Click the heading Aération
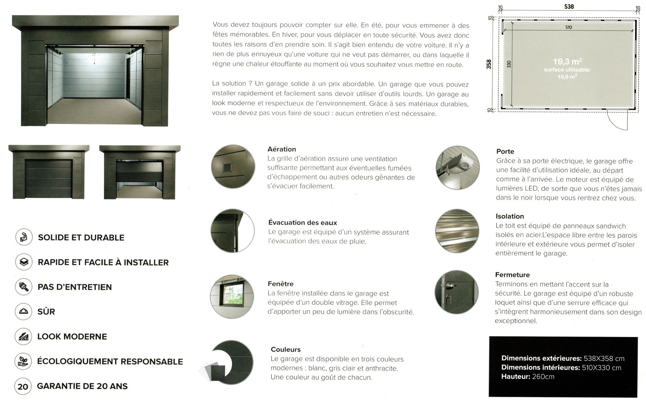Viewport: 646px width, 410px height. click(x=282, y=149)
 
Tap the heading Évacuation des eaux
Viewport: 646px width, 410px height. click(x=302, y=223)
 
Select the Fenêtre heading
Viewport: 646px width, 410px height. click(x=281, y=284)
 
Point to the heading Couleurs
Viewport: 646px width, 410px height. click(x=286, y=350)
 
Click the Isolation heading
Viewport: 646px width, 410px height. click(x=510, y=217)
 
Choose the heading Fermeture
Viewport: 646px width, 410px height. click(x=512, y=275)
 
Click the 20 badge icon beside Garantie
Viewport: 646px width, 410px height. click(x=23, y=386)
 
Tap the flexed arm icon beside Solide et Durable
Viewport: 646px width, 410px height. click(x=24, y=237)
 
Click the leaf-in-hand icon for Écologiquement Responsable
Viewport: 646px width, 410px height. click(x=23, y=361)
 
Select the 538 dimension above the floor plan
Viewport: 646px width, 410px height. click(x=569, y=7)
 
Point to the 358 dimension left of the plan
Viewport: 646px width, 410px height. click(x=489, y=64)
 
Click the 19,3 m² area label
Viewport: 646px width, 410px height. click(x=567, y=62)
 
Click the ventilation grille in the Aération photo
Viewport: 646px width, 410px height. click(x=227, y=166)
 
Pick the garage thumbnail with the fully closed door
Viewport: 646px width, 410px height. click(x=49, y=172)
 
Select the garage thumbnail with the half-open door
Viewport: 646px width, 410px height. click(x=140, y=172)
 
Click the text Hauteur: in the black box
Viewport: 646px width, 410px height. click(x=516, y=377)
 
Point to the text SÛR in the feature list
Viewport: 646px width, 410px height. click(x=46, y=312)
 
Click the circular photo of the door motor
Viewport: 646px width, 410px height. click(x=457, y=167)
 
